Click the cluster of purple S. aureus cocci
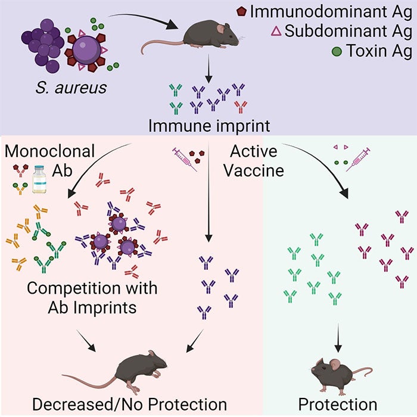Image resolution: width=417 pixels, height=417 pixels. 42,41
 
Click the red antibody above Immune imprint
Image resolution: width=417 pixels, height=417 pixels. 241,107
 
